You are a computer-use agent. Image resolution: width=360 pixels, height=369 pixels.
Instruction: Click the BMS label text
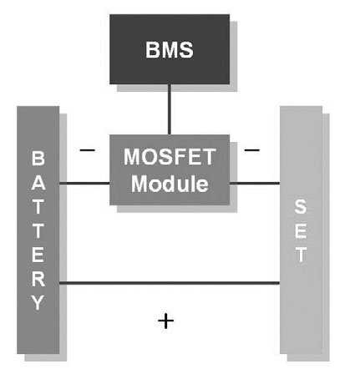tap(170, 50)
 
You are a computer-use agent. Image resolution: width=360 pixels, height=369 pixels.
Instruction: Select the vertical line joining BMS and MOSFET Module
tap(170, 109)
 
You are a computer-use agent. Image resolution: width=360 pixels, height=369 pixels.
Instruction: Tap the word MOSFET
tap(170, 157)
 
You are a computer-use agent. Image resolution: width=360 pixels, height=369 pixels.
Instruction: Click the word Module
tap(170, 184)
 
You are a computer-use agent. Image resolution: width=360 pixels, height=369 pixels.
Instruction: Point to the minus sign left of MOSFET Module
tap(87, 150)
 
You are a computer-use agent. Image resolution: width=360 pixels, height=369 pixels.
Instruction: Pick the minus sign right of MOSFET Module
tap(252, 150)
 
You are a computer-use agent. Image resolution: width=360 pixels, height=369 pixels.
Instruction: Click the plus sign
tap(166, 321)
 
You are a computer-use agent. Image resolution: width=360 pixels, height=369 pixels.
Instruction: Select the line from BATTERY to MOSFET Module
tap(84, 184)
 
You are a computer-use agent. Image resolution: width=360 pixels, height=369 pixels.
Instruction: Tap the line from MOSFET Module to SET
tap(255, 184)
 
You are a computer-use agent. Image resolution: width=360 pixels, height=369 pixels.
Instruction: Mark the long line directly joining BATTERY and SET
tap(170, 283)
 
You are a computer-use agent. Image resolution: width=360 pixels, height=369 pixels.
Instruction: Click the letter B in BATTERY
tap(38, 159)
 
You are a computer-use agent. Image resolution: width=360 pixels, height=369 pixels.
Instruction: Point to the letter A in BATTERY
tap(38, 183)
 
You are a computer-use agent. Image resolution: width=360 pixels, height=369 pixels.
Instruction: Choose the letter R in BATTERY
tap(38, 279)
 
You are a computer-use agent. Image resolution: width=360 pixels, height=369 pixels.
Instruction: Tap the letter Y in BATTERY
tap(38, 302)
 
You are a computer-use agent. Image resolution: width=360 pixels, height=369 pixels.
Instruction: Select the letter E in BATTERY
tap(38, 255)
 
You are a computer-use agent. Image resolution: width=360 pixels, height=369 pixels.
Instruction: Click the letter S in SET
tap(301, 206)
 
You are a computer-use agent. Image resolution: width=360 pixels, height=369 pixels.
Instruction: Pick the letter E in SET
tap(301, 230)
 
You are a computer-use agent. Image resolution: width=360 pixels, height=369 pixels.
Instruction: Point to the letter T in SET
tap(301, 255)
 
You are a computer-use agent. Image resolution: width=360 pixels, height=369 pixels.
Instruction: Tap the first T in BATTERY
tap(38, 207)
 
